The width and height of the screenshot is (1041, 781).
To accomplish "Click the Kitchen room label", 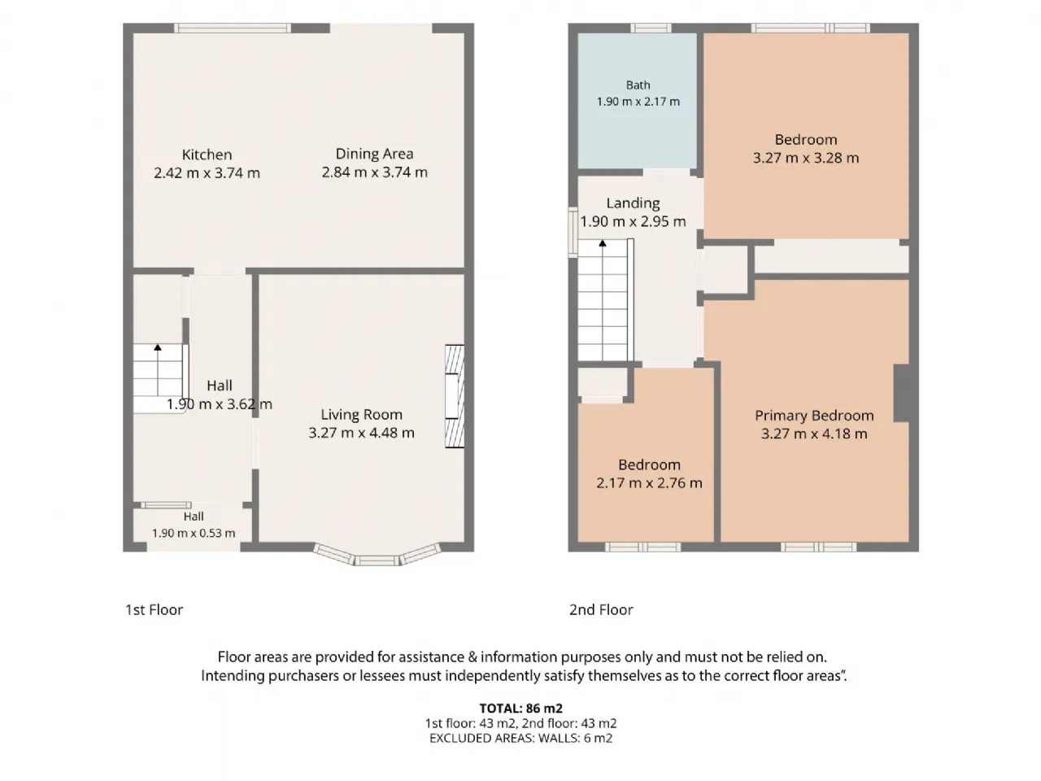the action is pos(207,155).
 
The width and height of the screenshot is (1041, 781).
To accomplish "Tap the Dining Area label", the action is pos(374,154).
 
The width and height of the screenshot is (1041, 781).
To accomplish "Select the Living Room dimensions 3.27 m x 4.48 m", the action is pos(361,433).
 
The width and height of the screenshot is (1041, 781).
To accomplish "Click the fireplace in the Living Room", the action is pos(455,396).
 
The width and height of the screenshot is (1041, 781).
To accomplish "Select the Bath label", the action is pos(638,85).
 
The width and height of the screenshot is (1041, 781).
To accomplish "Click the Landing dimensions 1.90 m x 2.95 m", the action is pos(633,221).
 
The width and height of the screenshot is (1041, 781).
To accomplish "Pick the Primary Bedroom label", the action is pos(814,416).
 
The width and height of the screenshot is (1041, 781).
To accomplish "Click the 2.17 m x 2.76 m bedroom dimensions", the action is pos(649,482).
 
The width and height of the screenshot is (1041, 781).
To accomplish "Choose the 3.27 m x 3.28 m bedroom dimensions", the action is pos(806,158).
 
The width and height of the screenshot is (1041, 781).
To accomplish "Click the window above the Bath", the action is pos(651,28).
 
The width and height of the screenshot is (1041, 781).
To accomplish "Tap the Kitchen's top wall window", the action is pos(233,28).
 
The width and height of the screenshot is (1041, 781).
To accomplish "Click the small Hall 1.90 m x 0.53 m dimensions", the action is pos(194,533).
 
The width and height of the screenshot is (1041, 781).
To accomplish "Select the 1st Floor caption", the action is pos(155,610).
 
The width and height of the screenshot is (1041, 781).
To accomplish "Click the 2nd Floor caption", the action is pos(601,610).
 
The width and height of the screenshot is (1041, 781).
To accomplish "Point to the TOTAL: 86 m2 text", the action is pos(520,709).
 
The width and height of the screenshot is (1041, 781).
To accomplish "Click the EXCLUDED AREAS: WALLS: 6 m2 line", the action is pos(520,739).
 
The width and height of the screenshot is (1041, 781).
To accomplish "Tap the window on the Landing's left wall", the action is pos(573,233).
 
